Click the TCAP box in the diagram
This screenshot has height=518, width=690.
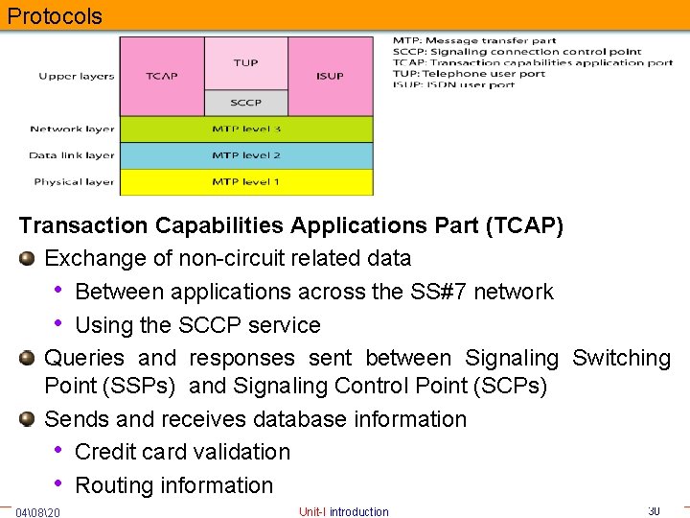pos(161,77)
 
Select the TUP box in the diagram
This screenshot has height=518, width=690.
pos(245,62)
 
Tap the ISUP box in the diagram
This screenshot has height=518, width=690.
pos(330,77)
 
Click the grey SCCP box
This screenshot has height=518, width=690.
pos(245,103)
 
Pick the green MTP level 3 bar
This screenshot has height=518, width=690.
pos(245,129)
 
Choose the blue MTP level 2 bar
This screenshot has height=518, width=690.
pos(245,155)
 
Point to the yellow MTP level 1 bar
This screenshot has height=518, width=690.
pos(245,181)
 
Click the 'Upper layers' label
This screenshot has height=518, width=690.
pos(77,76)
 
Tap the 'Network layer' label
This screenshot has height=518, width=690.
pos(72,129)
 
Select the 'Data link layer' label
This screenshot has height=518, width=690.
pos(72,155)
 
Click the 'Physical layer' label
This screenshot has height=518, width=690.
pos(74,181)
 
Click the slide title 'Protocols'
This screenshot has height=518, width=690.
pos(54,16)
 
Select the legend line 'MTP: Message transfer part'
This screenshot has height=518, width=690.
pos(474,41)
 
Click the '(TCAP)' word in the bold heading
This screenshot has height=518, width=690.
pos(524,225)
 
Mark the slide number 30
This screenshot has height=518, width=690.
pos(654,511)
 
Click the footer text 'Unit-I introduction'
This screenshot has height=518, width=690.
pos(344,512)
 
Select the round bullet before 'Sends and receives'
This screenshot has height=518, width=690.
pos(28,419)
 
